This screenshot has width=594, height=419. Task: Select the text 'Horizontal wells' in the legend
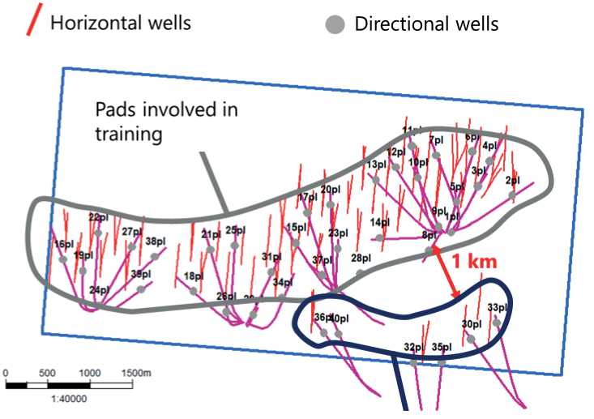tap(121, 22)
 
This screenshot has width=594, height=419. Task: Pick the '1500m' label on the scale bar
tap(137, 372)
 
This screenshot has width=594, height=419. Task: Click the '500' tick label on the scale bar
tap(47, 372)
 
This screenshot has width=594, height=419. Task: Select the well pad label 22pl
tap(98, 217)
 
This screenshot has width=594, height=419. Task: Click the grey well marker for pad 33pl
tap(497, 323)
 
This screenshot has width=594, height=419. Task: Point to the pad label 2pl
tap(512, 181)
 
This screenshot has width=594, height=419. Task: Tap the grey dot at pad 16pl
tap(62, 259)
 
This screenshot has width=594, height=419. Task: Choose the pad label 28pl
tap(361, 259)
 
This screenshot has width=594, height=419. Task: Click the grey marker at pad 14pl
tap(379, 237)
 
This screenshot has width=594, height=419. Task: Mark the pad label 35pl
tap(442, 347)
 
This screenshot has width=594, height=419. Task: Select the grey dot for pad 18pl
tap(193, 290)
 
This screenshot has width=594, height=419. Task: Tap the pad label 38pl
tap(155, 241)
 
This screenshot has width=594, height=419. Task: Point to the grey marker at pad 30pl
tap(471, 338)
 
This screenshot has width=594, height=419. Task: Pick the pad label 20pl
tap(330, 190)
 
